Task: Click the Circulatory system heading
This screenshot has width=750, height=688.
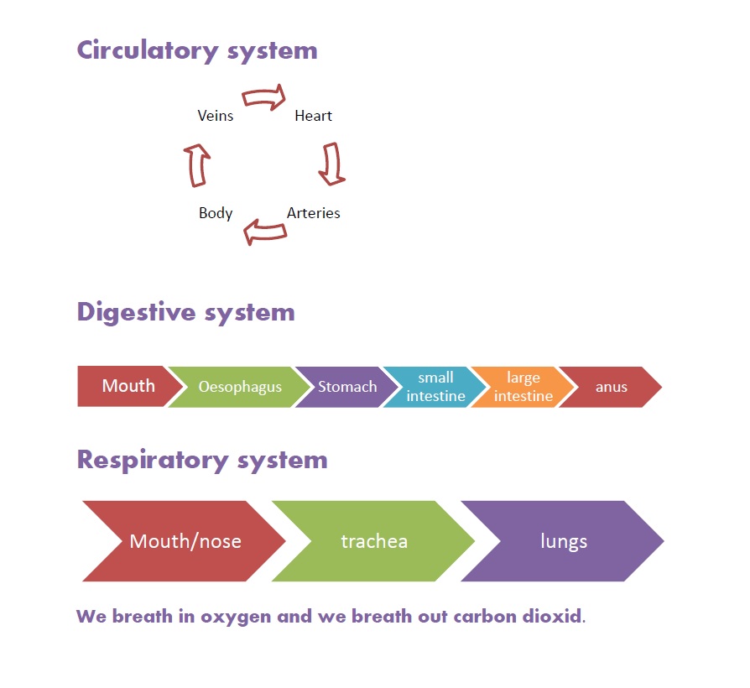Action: click(x=197, y=50)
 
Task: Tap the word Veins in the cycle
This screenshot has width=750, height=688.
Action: click(x=216, y=116)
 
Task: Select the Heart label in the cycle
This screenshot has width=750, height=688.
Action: click(x=314, y=116)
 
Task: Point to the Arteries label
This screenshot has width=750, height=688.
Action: click(x=314, y=213)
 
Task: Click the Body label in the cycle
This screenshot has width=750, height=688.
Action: click(x=216, y=213)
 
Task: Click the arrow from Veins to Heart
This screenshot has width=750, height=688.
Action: click(x=264, y=99)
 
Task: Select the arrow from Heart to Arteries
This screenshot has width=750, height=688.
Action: click(x=331, y=164)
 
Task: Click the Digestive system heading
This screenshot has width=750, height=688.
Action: click(x=185, y=312)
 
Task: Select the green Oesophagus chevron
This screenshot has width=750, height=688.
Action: click(x=240, y=388)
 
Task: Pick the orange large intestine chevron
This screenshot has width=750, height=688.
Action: click(x=523, y=387)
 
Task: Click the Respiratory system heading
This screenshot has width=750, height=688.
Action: click(x=202, y=460)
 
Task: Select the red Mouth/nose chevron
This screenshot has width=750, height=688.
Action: click(x=185, y=541)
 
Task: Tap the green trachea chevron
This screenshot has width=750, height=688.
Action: click(x=374, y=541)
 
